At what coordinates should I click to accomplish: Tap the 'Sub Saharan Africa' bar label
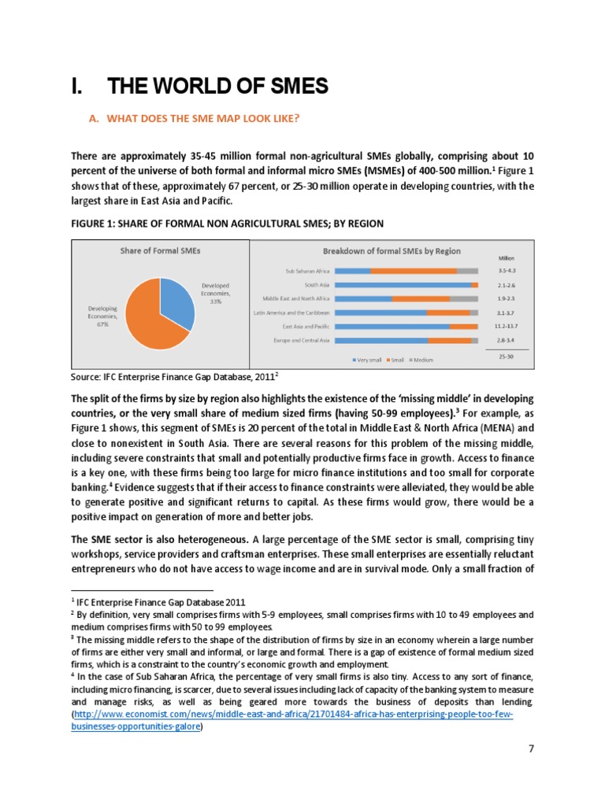click(307, 271)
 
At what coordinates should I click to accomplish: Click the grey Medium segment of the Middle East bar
click(463, 299)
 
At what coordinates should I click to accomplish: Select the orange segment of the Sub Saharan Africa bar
click(414, 271)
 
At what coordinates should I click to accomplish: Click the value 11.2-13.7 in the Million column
click(507, 326)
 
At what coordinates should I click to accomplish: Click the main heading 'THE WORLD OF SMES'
click(199, 87)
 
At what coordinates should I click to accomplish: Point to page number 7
click(531, 770)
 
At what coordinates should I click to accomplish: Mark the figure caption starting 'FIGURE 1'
click(227, 224)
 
